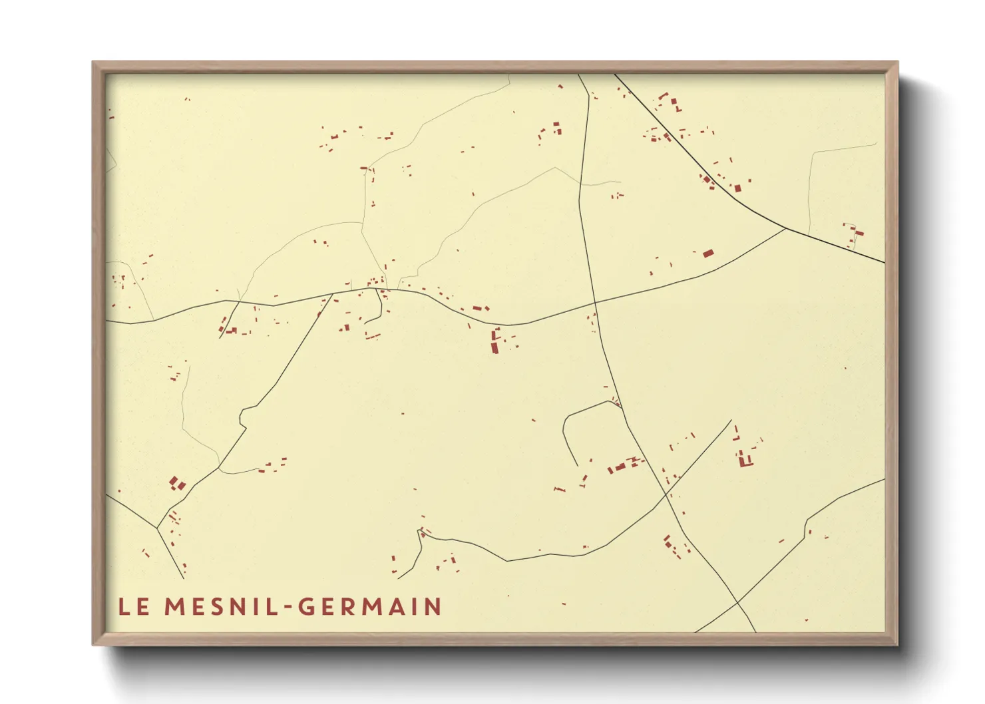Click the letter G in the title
coord(307,607)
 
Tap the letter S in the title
coord(214,607)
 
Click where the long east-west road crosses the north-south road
coord(595,303)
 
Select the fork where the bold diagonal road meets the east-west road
coord(786,228)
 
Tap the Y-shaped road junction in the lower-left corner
coord(157,528)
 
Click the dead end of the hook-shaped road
coord(576,465)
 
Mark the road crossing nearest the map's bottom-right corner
coord(737,603)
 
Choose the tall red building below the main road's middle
coord(495,340)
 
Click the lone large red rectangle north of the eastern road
coord(708,253)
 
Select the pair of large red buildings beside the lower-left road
coord(176,483)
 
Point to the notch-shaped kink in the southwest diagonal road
coord(243,416)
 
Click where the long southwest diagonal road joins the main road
coord(332,294)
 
